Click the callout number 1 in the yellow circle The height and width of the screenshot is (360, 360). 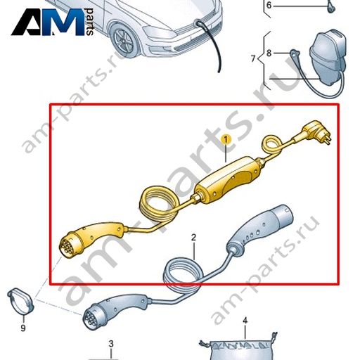pos(226,140)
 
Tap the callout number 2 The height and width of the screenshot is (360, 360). pos(193,238)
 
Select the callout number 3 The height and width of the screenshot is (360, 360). pos(111,344)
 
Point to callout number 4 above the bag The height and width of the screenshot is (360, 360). pos(245,320)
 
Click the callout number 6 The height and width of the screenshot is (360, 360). pos(269,5)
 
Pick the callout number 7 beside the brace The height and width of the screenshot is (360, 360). pos(253,58)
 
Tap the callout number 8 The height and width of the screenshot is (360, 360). pos(269,53)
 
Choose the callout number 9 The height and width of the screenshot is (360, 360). pos(23,328)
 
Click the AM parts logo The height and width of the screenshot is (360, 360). pos(53,22)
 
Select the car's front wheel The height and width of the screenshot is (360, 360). pos(124,40)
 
